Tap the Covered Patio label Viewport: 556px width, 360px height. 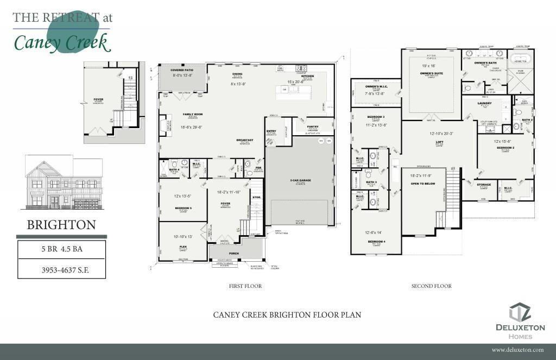coord(182,71)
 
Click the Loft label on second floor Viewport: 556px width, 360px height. coord(440,142)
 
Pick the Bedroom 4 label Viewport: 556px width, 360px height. coord(376,241)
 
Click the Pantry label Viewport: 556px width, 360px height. coord(312,127)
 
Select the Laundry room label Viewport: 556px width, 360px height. coord(484,103)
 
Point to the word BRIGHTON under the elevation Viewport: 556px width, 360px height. coord(61,225)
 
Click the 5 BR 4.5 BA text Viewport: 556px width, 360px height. coord(61,250)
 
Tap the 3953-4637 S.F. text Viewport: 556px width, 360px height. coord(61,269)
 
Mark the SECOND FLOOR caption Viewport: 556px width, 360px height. coord(431,286)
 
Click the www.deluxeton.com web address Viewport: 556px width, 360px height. coord(517,350)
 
